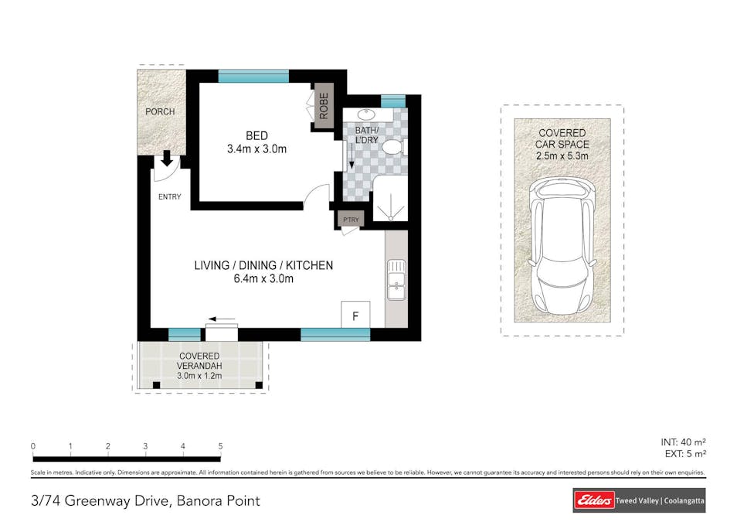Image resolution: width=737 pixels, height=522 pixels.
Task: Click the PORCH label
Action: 160,111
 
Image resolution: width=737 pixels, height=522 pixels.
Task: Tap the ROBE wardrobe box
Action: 324,106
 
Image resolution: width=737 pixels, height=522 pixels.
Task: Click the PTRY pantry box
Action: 350,220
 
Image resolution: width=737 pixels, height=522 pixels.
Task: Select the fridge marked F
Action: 355,315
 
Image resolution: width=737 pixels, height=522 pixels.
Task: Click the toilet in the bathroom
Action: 394,147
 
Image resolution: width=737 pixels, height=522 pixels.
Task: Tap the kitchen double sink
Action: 396,280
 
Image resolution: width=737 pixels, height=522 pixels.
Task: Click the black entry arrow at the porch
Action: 166,159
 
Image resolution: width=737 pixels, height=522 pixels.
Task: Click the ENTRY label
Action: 170,196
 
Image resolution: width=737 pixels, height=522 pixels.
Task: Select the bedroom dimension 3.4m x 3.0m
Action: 256,149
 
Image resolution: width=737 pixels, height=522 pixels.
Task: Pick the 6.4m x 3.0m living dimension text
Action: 263,278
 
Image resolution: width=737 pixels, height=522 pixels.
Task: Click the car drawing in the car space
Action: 562,248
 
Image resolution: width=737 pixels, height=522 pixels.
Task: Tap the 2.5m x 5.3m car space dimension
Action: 562,155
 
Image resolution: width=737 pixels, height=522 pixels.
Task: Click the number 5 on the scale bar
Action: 220,445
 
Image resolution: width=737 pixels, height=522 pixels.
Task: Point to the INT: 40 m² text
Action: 683,442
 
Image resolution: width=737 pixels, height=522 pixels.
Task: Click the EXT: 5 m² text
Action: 685,454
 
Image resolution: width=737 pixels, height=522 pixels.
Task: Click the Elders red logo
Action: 594,500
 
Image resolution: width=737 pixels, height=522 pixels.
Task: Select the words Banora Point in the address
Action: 218,500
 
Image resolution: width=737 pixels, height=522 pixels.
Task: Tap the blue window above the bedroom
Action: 253,76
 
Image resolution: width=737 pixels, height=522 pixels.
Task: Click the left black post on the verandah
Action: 157,385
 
